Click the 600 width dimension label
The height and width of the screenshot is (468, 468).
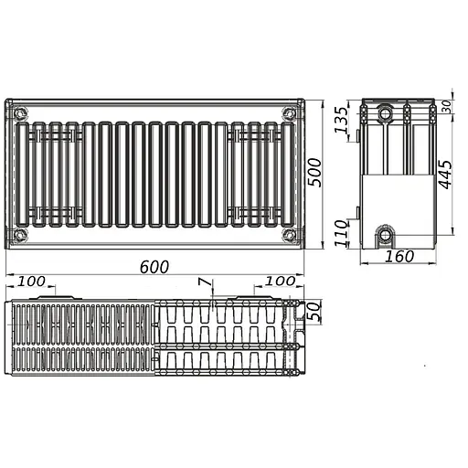154,267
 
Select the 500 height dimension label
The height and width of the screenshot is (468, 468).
314,173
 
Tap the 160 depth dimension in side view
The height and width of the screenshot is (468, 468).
399,256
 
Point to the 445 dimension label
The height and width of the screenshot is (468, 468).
445,175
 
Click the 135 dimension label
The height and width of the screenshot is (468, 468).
341,120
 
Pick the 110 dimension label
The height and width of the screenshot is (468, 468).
341,233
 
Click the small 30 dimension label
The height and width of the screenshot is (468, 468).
446,107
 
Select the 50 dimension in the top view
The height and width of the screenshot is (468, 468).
314,311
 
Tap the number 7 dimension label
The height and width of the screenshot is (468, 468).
205,282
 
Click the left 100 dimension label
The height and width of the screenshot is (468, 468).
31,282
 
